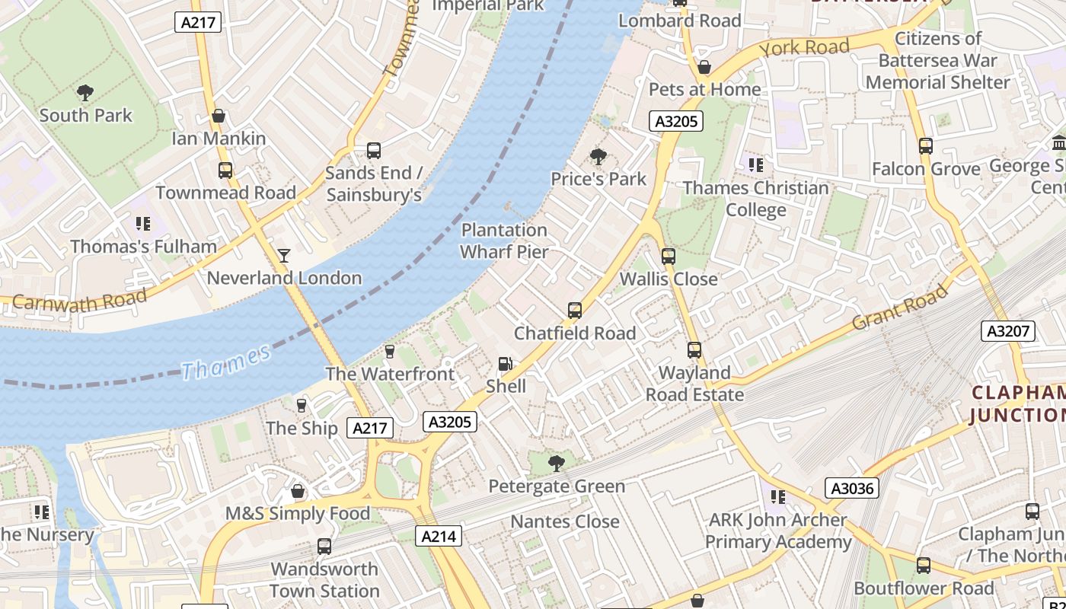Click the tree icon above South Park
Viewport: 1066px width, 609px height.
(85, 93)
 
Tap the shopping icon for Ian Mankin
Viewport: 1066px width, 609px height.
(219, 116)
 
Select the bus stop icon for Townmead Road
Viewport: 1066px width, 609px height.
(225, 170)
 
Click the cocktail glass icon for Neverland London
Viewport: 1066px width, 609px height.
(284, 255)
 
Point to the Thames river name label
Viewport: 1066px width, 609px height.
(226, 362)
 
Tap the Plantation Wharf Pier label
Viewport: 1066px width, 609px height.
(504, 241)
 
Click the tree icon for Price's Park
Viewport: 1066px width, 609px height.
(598, 157)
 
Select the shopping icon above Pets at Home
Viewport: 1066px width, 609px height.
(704, 67)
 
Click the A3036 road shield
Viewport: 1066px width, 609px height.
(852, 488)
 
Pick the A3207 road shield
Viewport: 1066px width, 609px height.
(1008, 330)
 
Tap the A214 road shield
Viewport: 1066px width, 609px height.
(439, 536)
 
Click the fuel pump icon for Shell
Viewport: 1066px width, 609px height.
(506, 365)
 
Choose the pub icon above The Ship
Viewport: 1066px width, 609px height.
(302, 405)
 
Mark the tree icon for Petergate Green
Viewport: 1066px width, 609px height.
(557, 463)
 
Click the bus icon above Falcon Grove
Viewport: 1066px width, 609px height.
(926, 145)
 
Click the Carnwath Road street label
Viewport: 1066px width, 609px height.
(79, 302)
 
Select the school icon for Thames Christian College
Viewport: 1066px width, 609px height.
(755, 164)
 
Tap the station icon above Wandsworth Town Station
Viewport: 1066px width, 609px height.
(324, 546)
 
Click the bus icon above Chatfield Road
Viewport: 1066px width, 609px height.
(575, 311)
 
